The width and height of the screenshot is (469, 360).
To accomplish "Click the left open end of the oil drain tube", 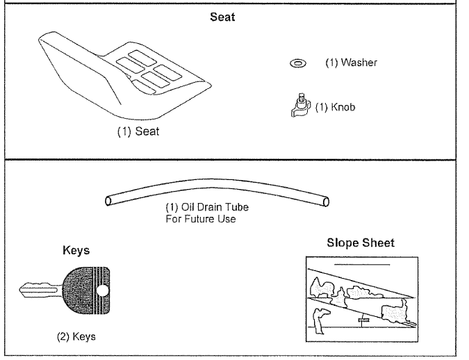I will pyautogui.click(x=109, y=202).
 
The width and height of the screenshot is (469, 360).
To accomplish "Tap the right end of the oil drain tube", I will pyautogui.click(x=325, y=202).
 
